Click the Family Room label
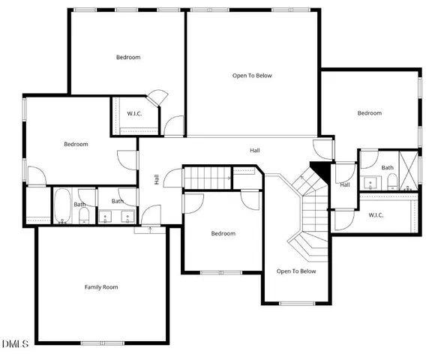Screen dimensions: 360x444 [100, 287]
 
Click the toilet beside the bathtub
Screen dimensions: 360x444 [84, 217]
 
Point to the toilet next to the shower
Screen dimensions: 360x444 [392, 181]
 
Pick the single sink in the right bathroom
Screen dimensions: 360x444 [370, 182]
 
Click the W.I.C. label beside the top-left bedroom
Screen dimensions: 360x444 [134, 114]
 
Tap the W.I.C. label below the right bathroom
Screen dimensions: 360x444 [376, 215]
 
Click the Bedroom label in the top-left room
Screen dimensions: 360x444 [127, 57]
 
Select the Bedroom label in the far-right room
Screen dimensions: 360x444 [369, 113]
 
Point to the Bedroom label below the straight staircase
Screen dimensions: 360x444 [223, 234]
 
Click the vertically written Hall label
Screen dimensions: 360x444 [157, 179]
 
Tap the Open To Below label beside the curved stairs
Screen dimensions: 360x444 [296, 271]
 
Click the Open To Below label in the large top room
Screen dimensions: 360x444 [252, 75]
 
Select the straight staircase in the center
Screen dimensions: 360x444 [208, 178]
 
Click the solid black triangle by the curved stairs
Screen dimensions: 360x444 [320, 170]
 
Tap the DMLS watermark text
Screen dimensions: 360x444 [15, 344]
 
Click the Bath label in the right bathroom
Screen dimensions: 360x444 [387, 167]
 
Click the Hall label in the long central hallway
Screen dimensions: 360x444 [255, 151]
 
